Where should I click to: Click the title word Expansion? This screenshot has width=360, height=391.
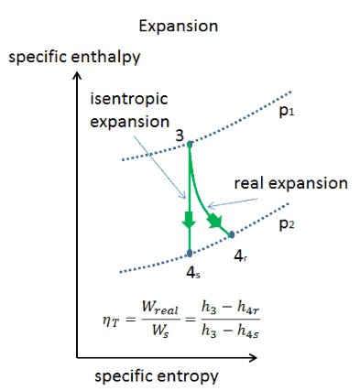[x=179, y=27]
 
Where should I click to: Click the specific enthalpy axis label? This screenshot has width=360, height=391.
[x=74, y=58]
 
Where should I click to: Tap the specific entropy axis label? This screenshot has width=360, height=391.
[x=157, y=376]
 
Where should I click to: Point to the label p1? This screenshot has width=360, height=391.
[x=287, y=112]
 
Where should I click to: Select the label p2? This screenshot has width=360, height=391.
[x=287, y=224]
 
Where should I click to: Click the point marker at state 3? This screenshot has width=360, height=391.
[x=190, y=144]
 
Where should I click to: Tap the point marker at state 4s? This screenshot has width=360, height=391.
[x=190, y=253]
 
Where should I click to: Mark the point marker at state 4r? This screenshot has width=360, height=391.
[x=232, y=234]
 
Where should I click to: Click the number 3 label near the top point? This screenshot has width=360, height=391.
[x=180, y=136]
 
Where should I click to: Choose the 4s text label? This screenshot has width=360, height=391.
[x=193, y=273]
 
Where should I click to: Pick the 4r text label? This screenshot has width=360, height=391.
[x=240, y=256]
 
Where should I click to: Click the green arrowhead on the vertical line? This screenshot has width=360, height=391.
[x=189, y=220]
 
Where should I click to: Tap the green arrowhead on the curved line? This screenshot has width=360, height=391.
[x=214, y=221]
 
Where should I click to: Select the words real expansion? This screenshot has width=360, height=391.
[x=290, y=184]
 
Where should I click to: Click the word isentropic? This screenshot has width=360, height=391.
[x=129, y=99]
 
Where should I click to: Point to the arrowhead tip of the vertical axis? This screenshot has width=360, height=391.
[x=77, y=72]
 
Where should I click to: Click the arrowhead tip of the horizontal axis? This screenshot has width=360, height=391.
[x=256, y=357]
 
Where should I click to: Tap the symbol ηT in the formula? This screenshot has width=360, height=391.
[x=110, y=321]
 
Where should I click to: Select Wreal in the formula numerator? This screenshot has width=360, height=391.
[x=160, y=309]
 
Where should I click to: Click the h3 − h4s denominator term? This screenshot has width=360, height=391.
[x=230, y=331]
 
